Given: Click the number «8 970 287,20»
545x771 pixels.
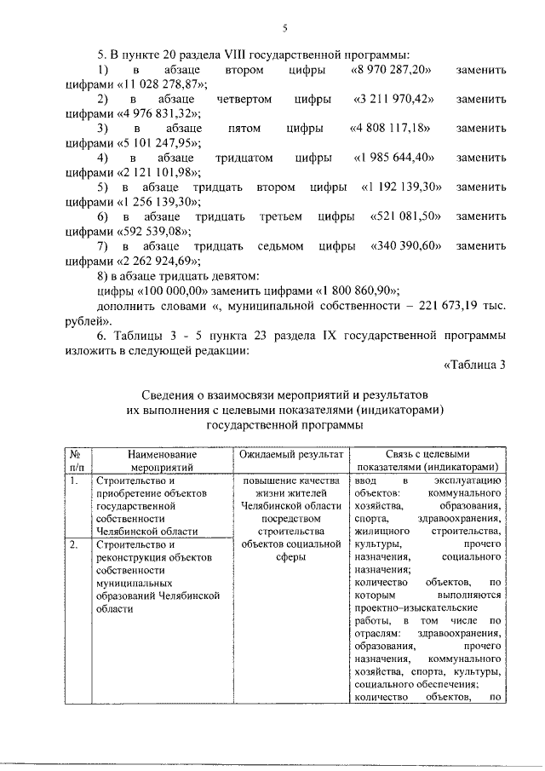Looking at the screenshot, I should [x=392, y=69].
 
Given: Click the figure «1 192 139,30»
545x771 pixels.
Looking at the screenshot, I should [x=401, y=187].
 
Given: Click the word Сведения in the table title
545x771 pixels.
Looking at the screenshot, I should [x=172, y=394].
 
